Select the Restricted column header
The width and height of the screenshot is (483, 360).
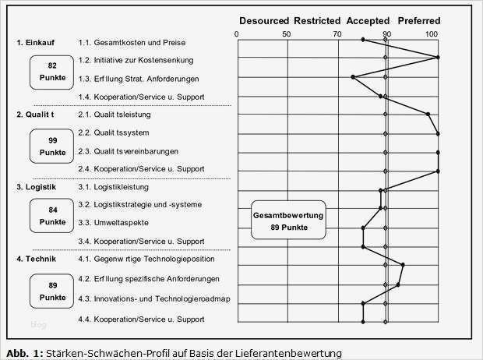[x=314, y=20]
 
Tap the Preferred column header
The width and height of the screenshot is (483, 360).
[x=419, y=20]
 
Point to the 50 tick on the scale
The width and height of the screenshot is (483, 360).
[x=287, y=34]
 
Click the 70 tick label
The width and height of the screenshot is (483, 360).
[x=336, y=34]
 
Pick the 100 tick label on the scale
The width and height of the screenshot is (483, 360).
[x=432, y=34]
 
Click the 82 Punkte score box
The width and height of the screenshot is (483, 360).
[x=52, y=72]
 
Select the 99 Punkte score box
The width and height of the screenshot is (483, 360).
[x=52, y=145]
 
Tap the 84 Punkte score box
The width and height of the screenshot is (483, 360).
[x=52, y=215]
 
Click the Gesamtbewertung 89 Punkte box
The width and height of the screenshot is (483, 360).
[x=289, y=221]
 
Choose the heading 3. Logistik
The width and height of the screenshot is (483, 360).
[x=36, y=187]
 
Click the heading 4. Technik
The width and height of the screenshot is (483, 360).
[x=36, y=259]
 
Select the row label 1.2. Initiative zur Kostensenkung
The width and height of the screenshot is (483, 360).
[x=136, y=60]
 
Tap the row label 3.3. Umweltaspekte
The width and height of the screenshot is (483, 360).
[x=115, y=223]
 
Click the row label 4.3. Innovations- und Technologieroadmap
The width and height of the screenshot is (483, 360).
[x=154, y=298]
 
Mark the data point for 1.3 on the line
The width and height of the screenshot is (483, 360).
[x=353, y=77]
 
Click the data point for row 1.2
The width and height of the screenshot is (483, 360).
[x=438, y=57]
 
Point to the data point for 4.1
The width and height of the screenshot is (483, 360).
[x=403, y=265]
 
